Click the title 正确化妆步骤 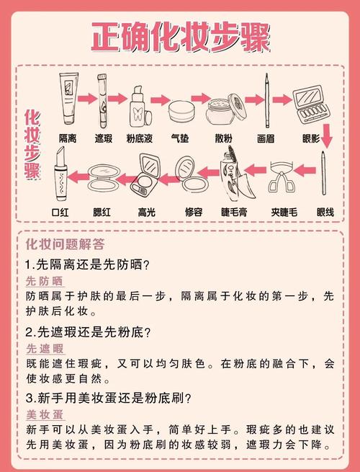click(x=179, y=36)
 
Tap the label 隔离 click(x=68, y=136)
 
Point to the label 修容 click(x=193, y=212)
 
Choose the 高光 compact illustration click(x=147, y=179)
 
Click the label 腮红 click(x=104, y=212)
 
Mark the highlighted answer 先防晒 click(x=44, y=280)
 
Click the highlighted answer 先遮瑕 click(x=44, y=349)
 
